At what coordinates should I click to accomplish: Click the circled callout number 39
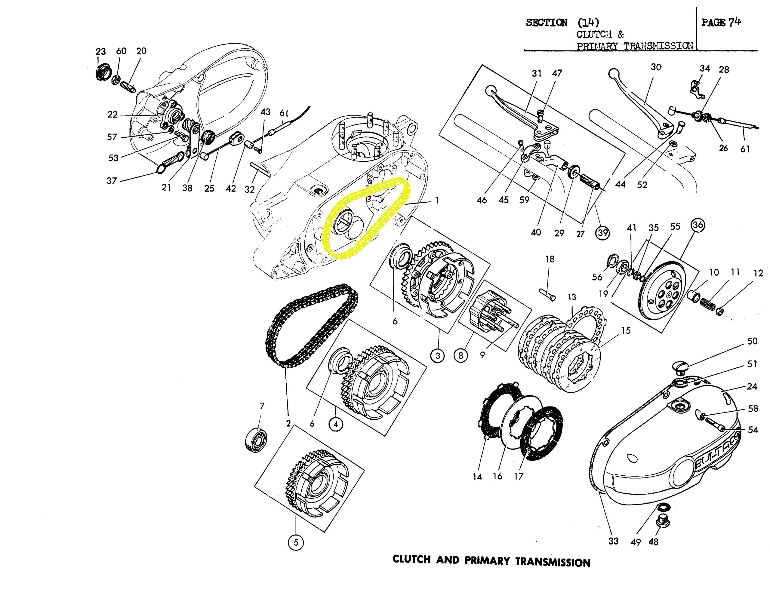[x=602, y=233]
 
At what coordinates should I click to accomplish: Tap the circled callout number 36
[x=698, y=225]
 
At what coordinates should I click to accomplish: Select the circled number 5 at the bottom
[x=296, y=543]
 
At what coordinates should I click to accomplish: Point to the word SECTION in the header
[x=547, y=23]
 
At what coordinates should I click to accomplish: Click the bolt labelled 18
[x=547, y=294]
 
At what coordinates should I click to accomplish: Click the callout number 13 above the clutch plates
[x=571, y=297]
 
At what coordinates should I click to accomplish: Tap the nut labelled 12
[x=719, y=311]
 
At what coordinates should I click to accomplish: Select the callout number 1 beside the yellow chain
[x=437, y=201]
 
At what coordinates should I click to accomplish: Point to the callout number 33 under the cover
[x=613, y=541]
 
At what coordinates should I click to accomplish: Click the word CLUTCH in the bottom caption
[x=411, y=559]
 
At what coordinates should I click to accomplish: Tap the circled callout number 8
[x=460, y=356]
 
